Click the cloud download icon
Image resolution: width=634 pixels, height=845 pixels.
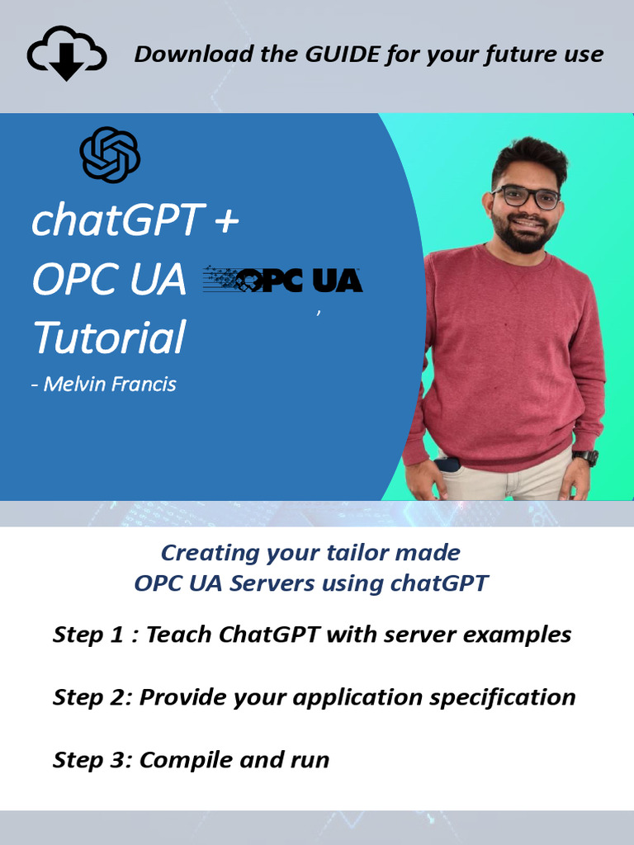point(67,54)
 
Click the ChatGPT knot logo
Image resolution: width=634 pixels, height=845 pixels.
point(110,154)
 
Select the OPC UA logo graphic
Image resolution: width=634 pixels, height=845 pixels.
point(283,281)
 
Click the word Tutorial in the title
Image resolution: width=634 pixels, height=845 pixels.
point(108,338)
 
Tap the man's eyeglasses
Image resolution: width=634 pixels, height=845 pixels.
point(526,197)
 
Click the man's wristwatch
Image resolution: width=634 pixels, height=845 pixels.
point(585,457)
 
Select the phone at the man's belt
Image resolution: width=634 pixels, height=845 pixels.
point(448,464)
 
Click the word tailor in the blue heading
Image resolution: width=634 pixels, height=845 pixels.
point(352,552)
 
